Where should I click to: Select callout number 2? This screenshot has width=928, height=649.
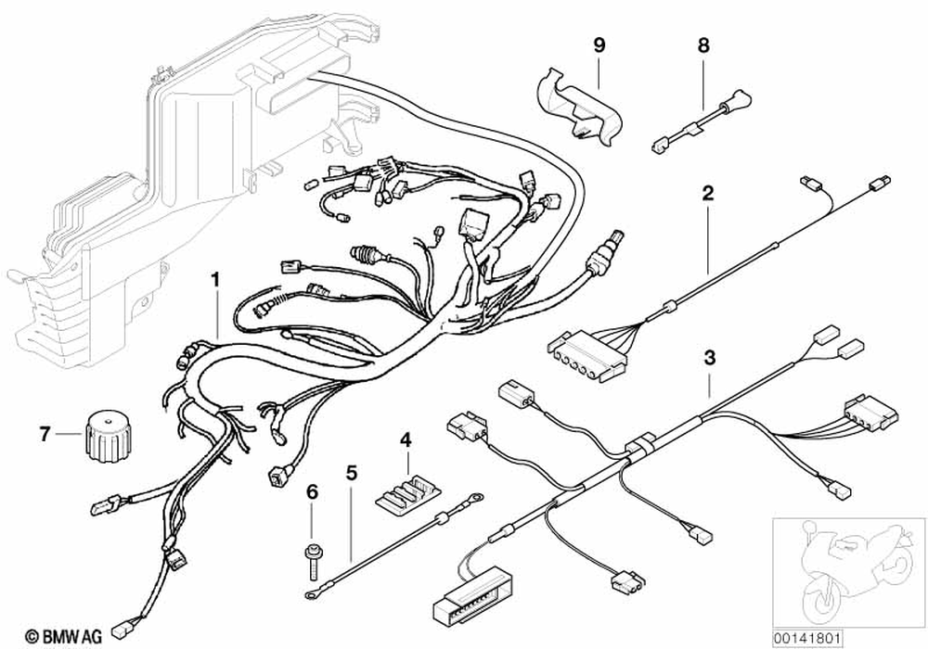tap(707, 194)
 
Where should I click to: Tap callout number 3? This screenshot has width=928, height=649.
tap(710, 357)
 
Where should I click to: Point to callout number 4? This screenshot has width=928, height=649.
tap(405, 439)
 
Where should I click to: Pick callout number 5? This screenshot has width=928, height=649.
tap(351, 472)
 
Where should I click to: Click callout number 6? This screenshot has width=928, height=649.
tap(312, 491)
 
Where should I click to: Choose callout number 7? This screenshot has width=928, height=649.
tap(44, 433)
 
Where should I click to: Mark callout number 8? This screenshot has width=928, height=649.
tap(702, 44)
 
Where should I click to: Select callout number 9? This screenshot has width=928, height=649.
tap(599, 44)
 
